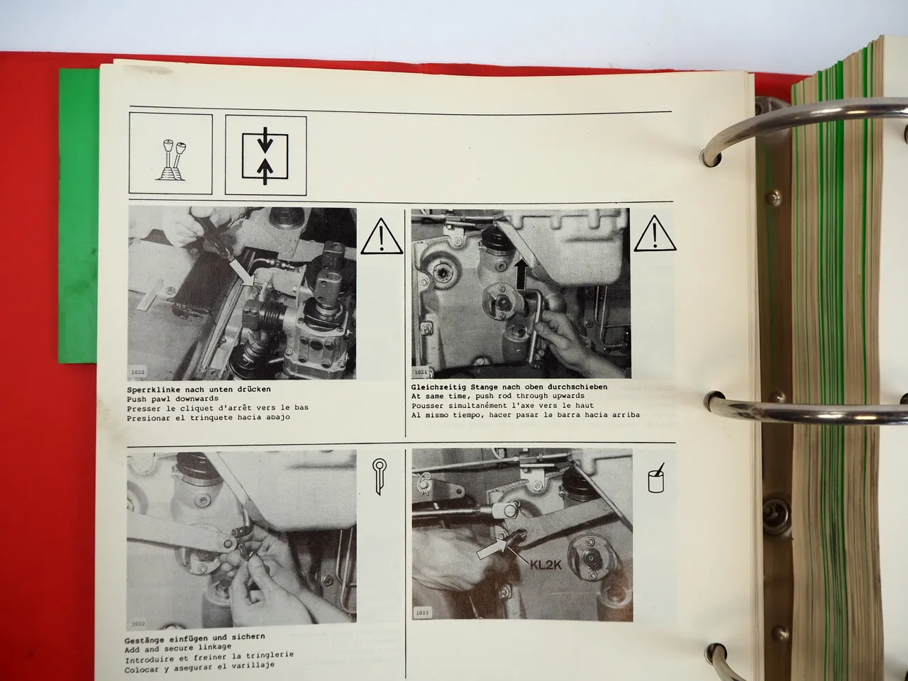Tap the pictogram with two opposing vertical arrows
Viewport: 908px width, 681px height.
(265, 154)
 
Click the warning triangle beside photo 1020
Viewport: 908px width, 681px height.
(382, 237)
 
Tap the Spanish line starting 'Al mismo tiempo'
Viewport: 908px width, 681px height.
(525, 414)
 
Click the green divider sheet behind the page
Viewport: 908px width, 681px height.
(78, 213)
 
